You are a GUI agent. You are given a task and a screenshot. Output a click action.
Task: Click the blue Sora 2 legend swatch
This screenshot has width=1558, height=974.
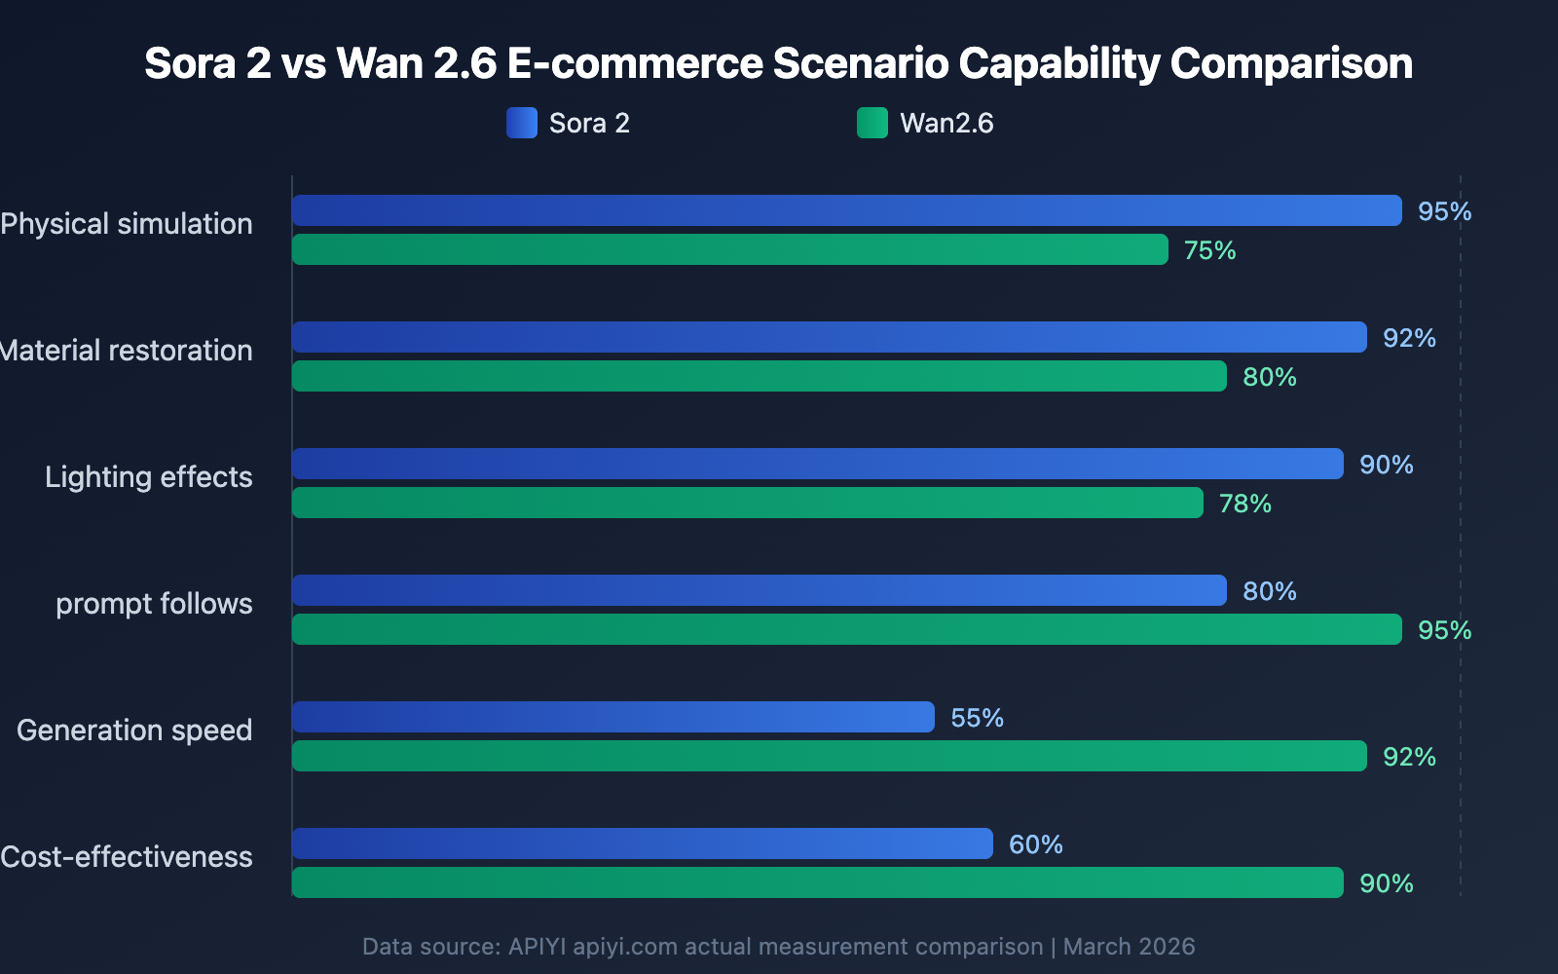coord(521,123)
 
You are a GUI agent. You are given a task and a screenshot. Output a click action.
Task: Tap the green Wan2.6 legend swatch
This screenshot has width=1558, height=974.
coord(872,123)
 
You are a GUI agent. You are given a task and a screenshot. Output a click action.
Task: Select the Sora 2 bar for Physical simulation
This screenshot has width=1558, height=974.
coord(846,210)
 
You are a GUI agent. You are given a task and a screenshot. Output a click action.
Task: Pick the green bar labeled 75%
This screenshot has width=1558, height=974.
coord(729,249)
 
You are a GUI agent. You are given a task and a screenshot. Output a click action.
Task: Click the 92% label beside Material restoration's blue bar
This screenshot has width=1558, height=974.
coord(1409,338)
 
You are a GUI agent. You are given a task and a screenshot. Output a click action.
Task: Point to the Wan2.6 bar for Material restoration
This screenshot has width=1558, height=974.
coord(759,376)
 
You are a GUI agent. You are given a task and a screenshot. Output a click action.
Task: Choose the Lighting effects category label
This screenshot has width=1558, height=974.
coord(148,477)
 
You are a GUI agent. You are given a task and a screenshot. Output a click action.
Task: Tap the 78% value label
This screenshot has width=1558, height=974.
coord(1244,504)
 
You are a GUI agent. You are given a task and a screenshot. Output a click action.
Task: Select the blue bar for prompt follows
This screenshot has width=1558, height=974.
coord(759,590)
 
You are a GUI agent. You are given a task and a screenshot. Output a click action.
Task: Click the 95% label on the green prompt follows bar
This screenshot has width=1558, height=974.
coord(1444,630)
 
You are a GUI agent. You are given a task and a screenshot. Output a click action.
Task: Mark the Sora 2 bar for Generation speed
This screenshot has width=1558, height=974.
coord(612,717)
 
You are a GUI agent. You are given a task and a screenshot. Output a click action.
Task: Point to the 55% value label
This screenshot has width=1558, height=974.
coord(977,718)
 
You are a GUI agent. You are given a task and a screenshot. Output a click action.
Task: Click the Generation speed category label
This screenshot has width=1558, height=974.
coord(134,730)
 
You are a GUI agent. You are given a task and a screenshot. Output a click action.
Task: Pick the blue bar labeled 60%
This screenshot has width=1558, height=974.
coord(642,843)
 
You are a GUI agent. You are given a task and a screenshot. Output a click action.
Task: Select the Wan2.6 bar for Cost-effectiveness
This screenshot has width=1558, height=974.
coord(817,882)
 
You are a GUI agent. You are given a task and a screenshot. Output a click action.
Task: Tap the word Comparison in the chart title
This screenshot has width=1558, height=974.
coord(1290,63)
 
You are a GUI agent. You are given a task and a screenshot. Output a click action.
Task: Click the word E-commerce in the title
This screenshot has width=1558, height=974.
coord(635,63)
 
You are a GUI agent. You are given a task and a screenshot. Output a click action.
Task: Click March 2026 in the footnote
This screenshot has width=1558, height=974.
coord(1129,947)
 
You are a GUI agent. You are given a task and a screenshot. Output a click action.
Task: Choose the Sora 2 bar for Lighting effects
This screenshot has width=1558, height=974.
coord(817,464)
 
